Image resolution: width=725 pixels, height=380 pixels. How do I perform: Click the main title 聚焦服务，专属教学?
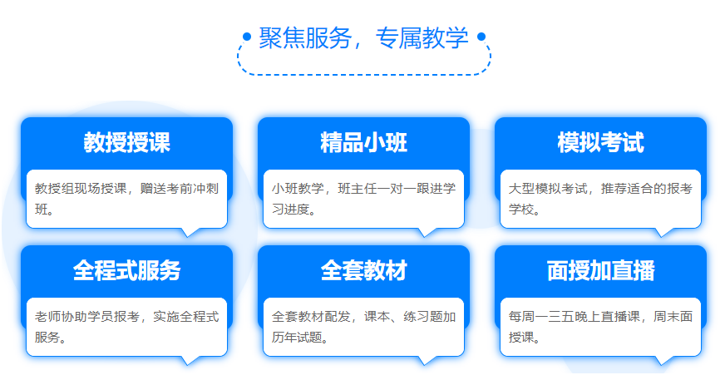point(363,38)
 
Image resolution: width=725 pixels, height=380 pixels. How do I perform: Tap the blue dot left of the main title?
point(247,36)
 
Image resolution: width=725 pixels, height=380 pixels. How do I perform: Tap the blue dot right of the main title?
point(481,36)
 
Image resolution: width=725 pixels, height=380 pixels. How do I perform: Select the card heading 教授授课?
point(126,142)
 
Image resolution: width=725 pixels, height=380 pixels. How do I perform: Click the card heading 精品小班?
point(364,142)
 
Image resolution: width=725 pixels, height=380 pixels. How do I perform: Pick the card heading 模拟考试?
point(600,142)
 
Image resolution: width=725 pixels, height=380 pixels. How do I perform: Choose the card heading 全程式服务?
point(126,270)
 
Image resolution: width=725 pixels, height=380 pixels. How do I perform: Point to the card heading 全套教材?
point(364,270)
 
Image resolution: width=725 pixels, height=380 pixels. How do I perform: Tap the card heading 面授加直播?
point(600,270)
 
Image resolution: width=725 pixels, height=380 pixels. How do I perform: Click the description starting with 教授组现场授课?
point(126,199)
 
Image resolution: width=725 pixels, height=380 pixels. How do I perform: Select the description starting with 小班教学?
point(364,199)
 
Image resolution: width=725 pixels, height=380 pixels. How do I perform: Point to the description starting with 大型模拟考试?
point(600,199)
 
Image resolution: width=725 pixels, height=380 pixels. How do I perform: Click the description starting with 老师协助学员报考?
point(126,327)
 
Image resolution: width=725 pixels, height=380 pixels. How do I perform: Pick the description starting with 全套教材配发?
point(364,327)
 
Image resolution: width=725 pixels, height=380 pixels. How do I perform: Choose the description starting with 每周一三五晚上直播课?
point(600,327)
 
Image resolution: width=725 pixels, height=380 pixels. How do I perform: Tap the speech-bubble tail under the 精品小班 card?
point(426,232)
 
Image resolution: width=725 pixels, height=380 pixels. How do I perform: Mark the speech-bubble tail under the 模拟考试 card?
point(662,232)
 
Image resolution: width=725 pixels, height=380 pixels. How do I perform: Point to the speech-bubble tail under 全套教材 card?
point(426,360)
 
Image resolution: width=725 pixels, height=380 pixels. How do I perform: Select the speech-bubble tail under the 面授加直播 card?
point(662,360)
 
